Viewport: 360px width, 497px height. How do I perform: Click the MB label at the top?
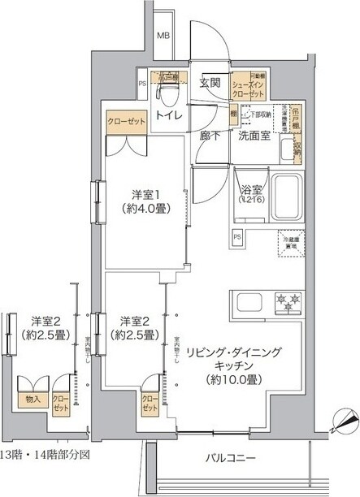163,36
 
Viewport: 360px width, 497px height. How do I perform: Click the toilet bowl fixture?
169,94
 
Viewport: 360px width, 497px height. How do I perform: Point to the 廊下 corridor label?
210,136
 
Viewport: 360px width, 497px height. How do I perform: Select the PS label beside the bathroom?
237,236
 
